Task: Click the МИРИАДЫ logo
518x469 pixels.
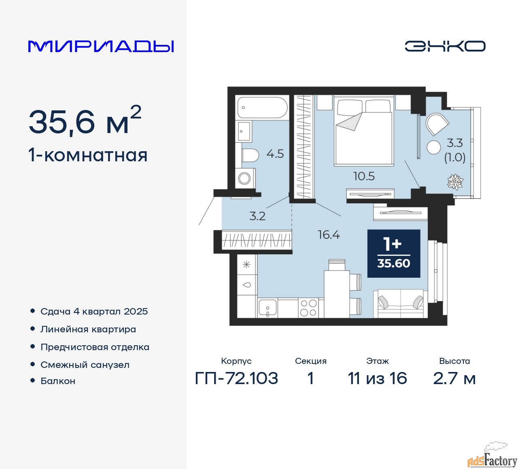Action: coord(101,46)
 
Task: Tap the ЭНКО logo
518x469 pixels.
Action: coord(445,46)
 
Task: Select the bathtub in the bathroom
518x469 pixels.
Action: coord(262,107)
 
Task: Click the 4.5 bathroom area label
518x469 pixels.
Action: coord(275,154)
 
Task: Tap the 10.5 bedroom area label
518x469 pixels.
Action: coord(364,176)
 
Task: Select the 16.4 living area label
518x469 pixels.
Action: coord(329,235)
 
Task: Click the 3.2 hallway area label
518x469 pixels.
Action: coord(257,216)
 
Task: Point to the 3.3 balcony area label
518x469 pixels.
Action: coord(455,143)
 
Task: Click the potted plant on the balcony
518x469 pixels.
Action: coord(455,182)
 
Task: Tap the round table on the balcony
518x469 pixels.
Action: coord(433,147)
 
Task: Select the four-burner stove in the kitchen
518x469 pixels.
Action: coord(308,308)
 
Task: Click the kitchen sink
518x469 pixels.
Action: coord(267,308)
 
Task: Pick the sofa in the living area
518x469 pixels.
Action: coord(401,303)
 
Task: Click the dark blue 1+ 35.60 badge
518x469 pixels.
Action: coord(393,254)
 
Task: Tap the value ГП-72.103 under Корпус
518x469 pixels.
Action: coord(236,378)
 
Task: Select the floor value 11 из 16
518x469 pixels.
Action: coord(377,378)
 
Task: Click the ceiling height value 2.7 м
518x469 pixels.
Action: coord(454,378)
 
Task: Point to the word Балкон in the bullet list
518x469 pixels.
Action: coord(58,381)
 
